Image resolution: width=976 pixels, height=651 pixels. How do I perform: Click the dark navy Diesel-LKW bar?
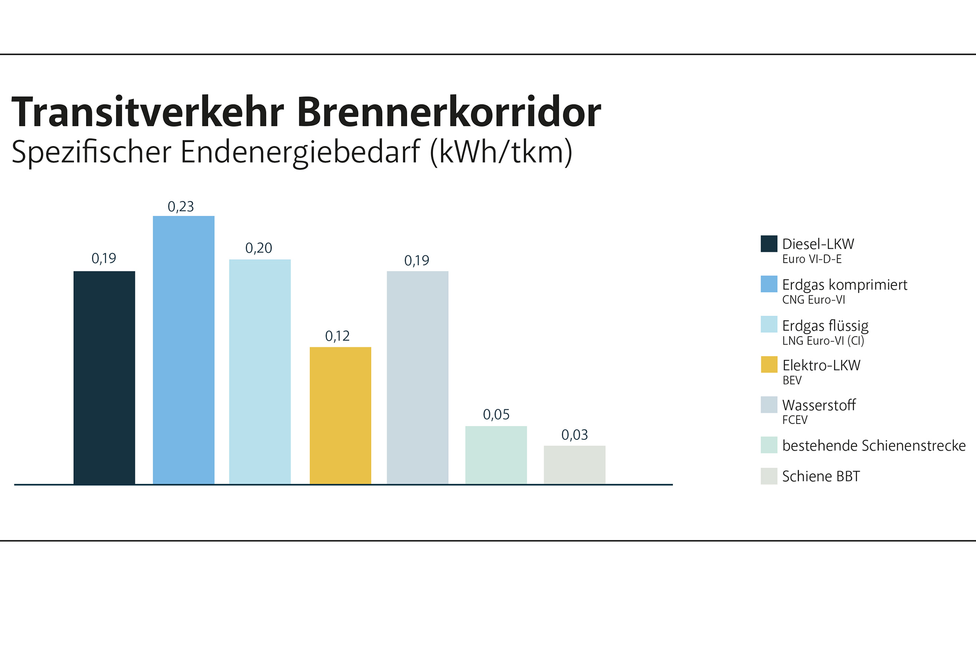(104, 378)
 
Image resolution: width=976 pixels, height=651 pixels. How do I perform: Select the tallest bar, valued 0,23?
(184, 350)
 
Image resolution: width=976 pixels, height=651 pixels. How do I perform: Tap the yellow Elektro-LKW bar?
(340, 415)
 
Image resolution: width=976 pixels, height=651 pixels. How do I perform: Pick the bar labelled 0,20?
(260, 372)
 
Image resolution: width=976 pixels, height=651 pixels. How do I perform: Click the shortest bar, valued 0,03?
(574, 465)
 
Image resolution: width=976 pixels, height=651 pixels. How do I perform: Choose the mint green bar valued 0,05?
(496, 455)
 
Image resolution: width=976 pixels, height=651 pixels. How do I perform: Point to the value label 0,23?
(181, 206)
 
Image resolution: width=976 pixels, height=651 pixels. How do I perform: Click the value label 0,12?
(337, 336)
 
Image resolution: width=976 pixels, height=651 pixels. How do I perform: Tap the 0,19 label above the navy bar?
(104, 258)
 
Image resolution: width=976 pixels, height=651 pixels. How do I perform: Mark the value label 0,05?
(496, 414)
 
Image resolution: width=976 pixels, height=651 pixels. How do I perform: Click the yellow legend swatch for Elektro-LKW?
(769, 365)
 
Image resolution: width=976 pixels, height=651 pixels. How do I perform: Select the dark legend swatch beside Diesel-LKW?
(769, 244)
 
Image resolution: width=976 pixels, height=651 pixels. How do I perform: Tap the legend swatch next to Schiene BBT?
(769, 476)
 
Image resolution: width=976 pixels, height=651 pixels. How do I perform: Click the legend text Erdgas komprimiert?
(844, 285)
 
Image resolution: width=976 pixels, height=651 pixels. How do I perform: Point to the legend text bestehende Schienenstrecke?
(874, 445)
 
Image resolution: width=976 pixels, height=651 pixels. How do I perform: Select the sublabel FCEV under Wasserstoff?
(795, 420)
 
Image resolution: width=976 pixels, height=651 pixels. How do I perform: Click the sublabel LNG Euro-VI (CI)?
(823, 341)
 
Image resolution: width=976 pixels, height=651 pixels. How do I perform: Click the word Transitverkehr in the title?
(147, 113)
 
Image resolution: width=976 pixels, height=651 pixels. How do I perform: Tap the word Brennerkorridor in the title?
(448, 113)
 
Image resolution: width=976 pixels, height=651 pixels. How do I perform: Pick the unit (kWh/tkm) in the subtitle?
(501, 153)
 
